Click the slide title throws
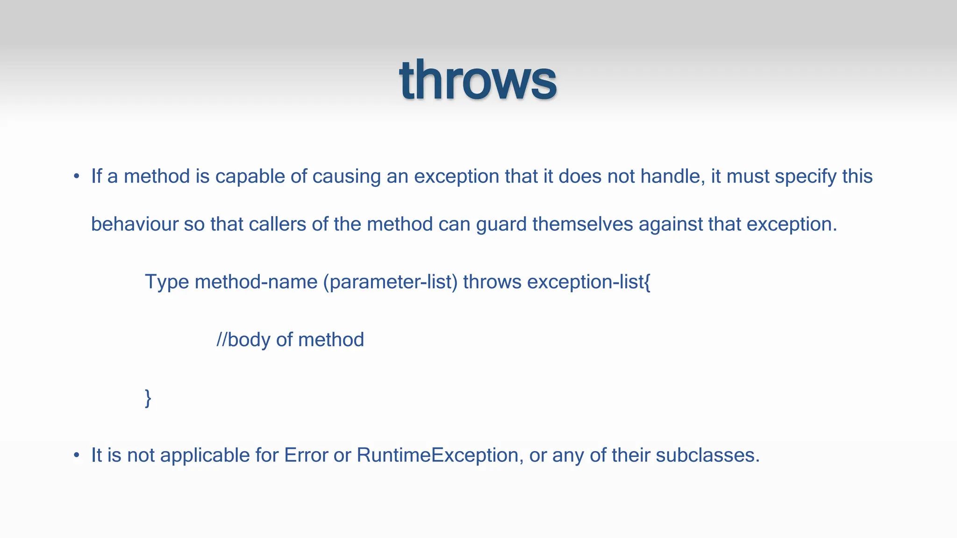click(478, 80)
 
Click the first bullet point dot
click(77, 177)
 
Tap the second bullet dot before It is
click(77, 455)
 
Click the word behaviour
click(135, 224)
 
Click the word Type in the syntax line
click(166, 282)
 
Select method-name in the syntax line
click(256, 282)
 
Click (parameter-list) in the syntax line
click(390, 282)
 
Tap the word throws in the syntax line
click(492, 282)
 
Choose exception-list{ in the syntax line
click(589, 282)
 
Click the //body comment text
click(290, 340)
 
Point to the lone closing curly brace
click(148, 398)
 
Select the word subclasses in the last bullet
click(707, 455)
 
